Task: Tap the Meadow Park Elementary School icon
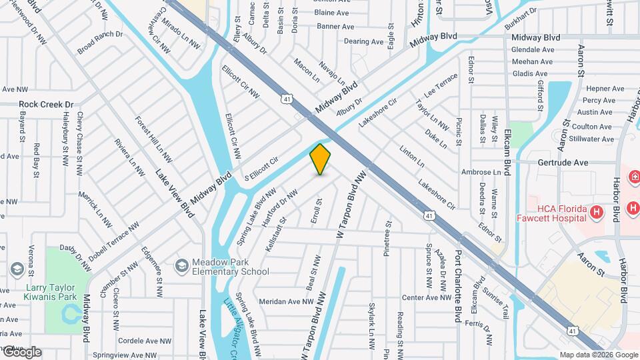click(x=181, y=267)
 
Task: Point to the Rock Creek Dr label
click(x=46, y=105)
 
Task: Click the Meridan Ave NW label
click(x=287, y=301)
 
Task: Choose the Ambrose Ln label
click(x=481, y=172)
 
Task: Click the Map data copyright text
click(x=599, y=355)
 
